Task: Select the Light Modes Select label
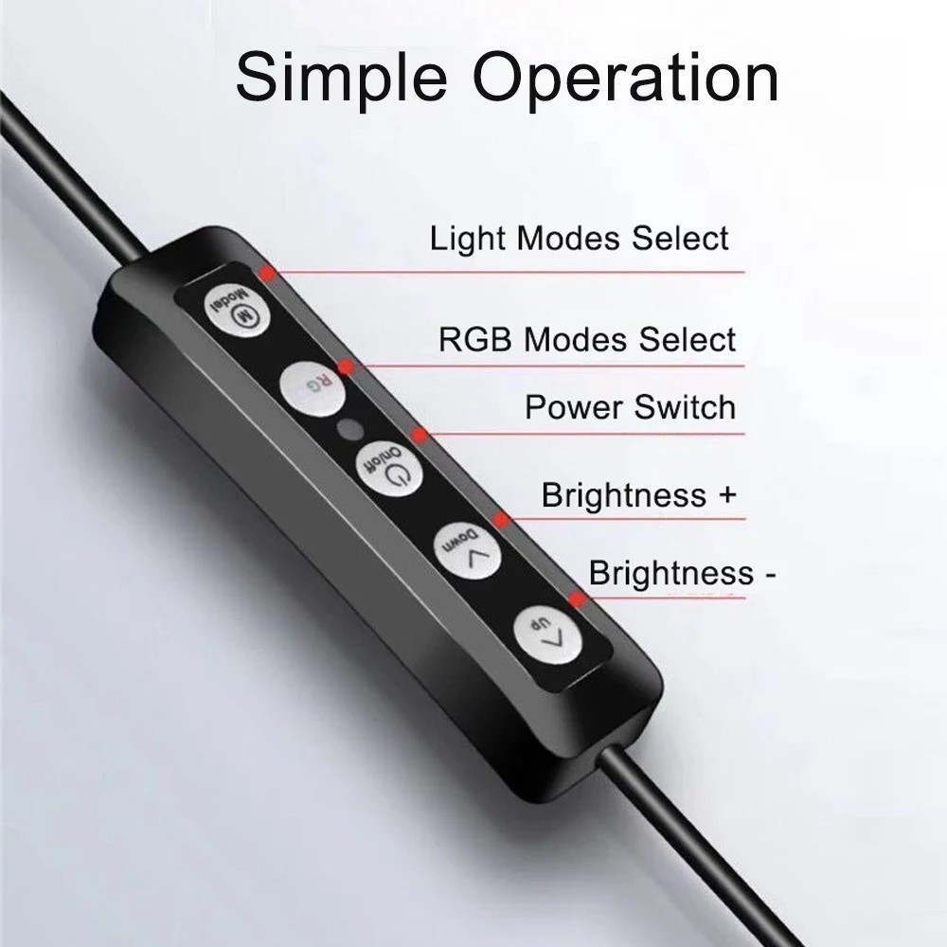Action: pos(580,238)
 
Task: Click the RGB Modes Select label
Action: pos(587,339)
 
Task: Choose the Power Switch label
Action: pos(630,408)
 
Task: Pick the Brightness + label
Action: pos(639,495)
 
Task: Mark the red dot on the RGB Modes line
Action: pos(348,366)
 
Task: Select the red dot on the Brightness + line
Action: pos(501,518)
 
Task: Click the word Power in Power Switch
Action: pos(575,408)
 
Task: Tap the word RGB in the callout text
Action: pos(477,339)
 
